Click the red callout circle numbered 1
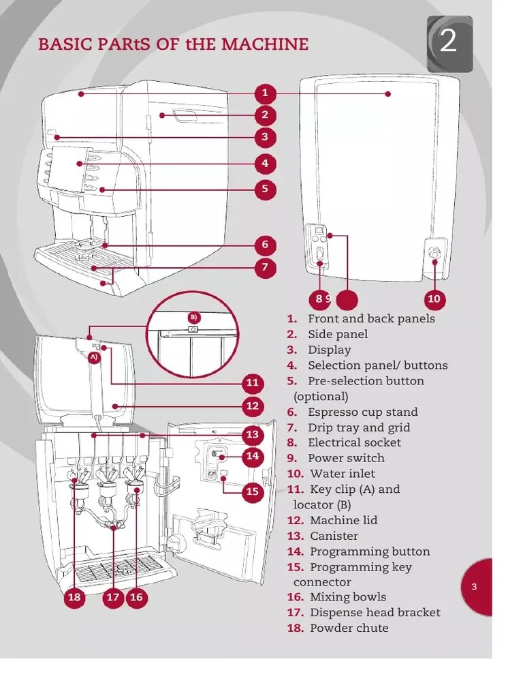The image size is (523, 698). point(265,93)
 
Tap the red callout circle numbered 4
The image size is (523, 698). point(265,164)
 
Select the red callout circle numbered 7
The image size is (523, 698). point(265,268)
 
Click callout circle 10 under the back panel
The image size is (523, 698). point(434,299)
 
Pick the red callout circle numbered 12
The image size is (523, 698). point(253,407)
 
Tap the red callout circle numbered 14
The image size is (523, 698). point(253,456)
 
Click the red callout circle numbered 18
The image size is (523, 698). point(74,598)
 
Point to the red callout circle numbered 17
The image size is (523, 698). point(113,598)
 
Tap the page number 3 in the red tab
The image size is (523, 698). point(475,588)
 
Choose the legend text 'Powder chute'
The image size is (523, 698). point(349,628)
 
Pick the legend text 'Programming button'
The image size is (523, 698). point(370,551)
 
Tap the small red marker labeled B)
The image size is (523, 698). point(193,317)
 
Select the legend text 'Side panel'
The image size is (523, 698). point(337,334)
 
